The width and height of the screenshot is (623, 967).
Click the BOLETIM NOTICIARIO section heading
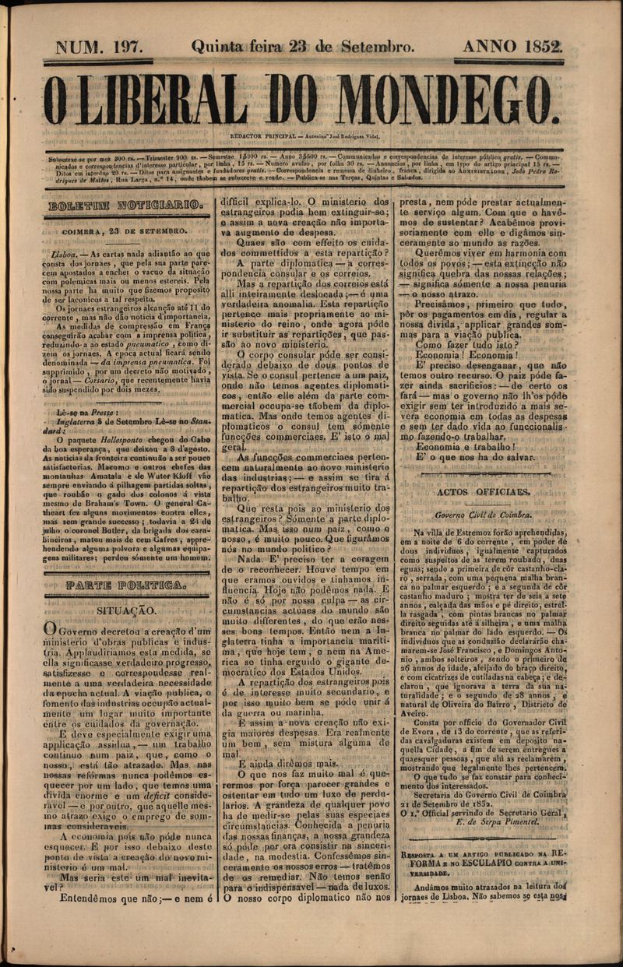click(x=126, y=206)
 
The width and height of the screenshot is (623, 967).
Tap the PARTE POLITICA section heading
click(x=126, y=584)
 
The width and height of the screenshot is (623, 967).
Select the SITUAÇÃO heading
click(x=126, y=611)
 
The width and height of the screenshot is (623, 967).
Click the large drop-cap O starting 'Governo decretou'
click(x=49, y=629)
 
